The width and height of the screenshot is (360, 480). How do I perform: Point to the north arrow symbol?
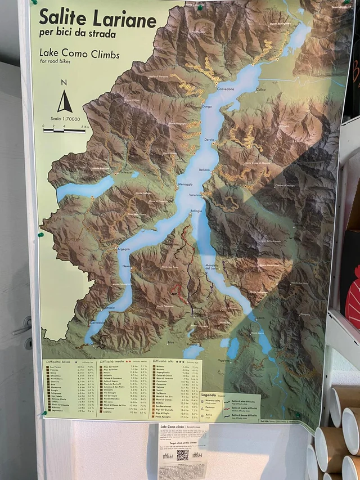tap(64, 102)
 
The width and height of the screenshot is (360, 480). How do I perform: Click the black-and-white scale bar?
tap(64, 130)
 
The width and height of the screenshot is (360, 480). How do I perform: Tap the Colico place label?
tap(259, 89)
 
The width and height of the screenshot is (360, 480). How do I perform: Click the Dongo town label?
tap(206, 106)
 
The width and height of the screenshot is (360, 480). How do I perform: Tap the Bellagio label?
tap(196, 211)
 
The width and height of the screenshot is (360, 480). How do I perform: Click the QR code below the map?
tap(182, 455)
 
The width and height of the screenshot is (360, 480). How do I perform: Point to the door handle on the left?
tap(23, 326)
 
